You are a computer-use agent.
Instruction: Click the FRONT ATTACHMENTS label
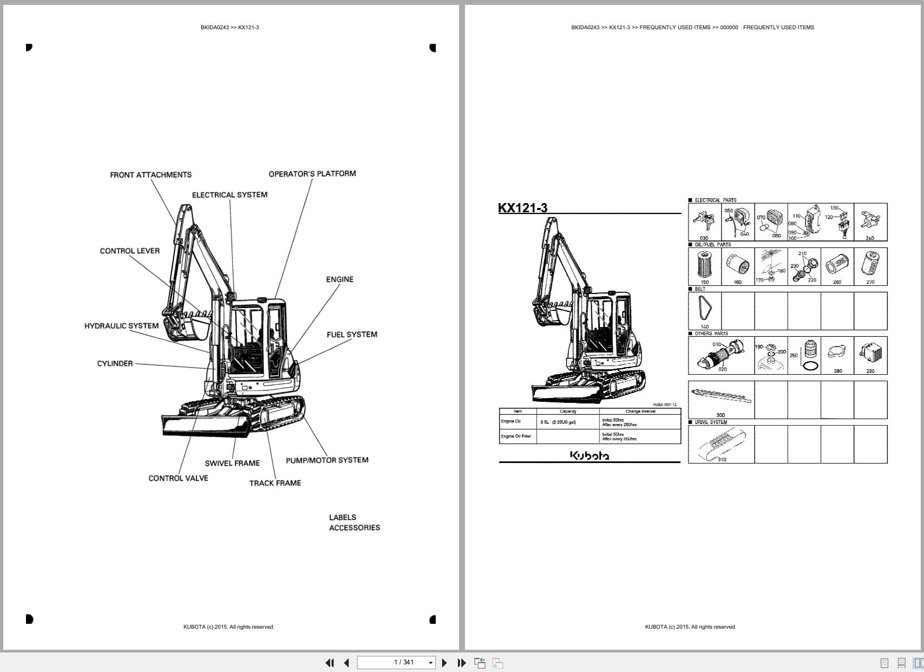pyautogui.click(x=150, y=175)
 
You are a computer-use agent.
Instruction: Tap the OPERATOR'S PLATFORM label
pyautogui.click(x=312, y=174)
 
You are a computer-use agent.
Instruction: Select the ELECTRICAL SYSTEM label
pyautogui.click(x=230, y=195)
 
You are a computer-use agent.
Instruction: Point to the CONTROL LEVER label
pyautogui.click(x=130, y=251)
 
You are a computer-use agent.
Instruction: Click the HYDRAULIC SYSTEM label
pyautogui.click(x=121, y=326)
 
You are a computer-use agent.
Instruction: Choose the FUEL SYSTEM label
pyautogui.click(x=352, y=335)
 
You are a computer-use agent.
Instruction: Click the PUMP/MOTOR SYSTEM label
pyautogui.click(x=327, y=460)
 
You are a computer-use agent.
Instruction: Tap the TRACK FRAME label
pyautogui.click(x=275, y=483)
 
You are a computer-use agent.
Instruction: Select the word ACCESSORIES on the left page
pyautogui.click(x=355, y=528)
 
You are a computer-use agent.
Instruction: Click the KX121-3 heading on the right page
pyautogui.click(x=522, y=208)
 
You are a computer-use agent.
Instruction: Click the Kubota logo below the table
pyautogui.click(x=589, y=456)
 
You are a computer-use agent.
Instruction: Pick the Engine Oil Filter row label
pyautogui.click(x=516, y=436)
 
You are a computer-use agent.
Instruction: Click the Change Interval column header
pyautogui.click(x=640, y=412)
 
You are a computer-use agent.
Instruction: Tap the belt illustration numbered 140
pyautogui.click(x=704, y=309)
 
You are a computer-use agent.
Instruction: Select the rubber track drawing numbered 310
pyautogui.click(x=720, y=443)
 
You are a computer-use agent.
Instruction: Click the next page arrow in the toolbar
pyautogui.click(x=444, y=663)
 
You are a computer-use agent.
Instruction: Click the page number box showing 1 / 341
pyautogui.click(x=396, y=662)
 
